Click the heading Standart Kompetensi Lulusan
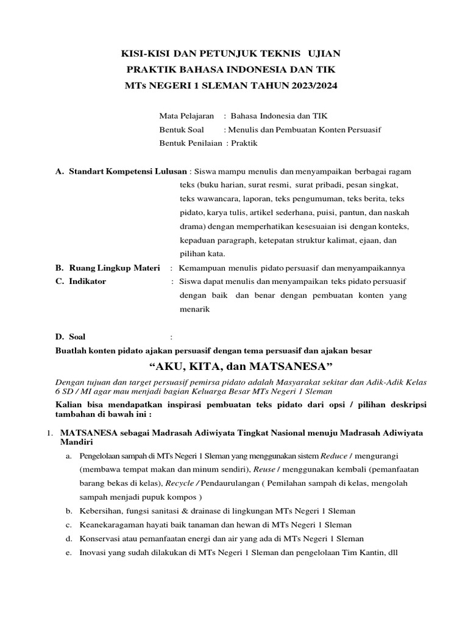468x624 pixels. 128,171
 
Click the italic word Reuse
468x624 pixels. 265,469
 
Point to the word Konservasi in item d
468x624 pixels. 101,539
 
